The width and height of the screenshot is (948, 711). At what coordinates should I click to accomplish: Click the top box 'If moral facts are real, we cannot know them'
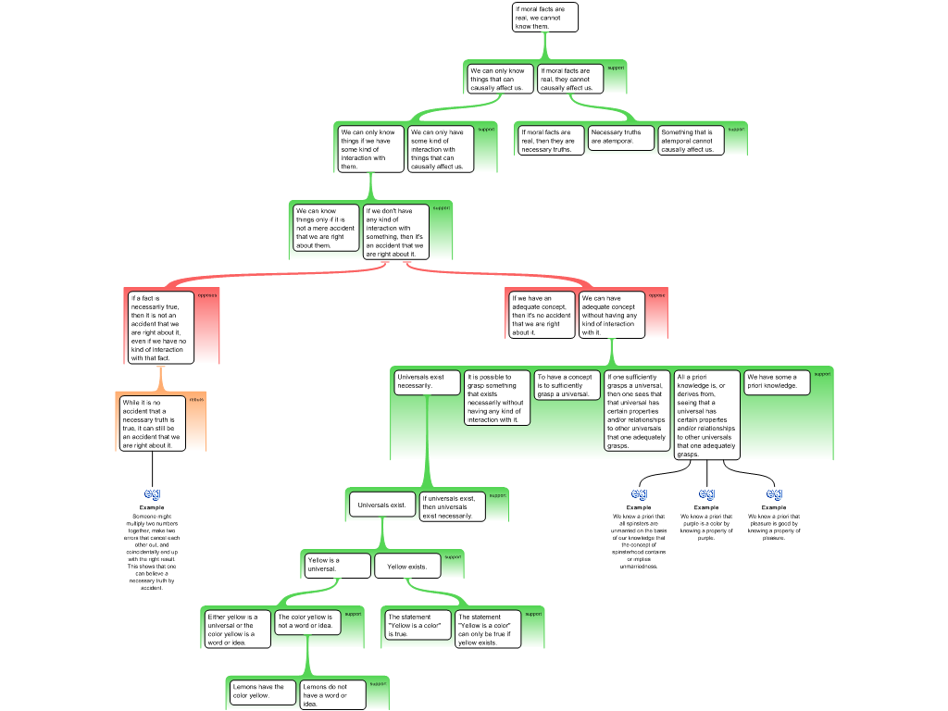coord(545,18)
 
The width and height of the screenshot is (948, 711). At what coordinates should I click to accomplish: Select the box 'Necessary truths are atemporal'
coord(621,137)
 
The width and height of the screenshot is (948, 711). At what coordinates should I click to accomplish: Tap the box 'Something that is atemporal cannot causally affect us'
coord(691,140)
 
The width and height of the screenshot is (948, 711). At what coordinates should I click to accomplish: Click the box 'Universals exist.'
coord(381,505)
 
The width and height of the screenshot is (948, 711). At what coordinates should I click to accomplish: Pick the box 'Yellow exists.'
coord(407,566)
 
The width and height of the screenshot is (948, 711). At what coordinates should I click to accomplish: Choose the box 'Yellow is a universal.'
coord(337,565)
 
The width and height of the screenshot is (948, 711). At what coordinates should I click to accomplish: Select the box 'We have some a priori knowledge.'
coord(777,381)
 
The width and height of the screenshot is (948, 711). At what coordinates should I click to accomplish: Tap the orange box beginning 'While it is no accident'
coord(152,424)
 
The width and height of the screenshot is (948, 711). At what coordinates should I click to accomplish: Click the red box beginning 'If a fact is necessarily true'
coord(160,328)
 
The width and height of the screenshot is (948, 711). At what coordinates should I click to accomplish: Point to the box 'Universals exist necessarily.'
coord(427,381)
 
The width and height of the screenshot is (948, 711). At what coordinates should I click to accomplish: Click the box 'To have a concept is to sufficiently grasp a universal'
coord(568,385)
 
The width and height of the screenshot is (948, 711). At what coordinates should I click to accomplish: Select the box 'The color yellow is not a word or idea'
coord(307,621)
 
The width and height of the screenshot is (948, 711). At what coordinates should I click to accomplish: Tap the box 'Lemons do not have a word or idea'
coord(332,695)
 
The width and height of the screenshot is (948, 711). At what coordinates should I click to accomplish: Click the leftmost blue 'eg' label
coord(153,493)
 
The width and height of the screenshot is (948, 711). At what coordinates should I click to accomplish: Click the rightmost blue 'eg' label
coord(774,493)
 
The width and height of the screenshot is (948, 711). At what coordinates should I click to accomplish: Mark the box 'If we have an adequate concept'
coord(543,315)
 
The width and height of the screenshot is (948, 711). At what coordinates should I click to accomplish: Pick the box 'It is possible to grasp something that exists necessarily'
coord(497,398)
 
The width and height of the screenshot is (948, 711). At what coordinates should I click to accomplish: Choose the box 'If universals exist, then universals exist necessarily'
coord(452,506)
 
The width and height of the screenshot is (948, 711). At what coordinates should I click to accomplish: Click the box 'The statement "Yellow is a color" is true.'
coord(417,625)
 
